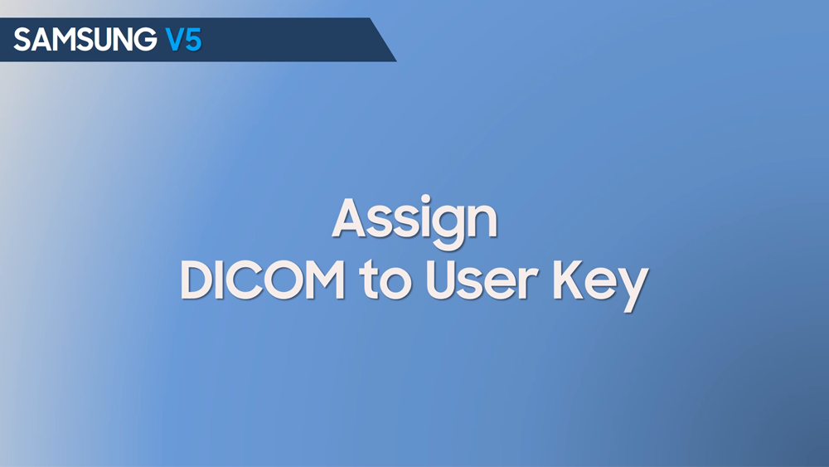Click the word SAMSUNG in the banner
85,40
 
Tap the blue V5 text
183,40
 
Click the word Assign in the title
414,221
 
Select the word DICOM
262,280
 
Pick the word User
482,280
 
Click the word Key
601,285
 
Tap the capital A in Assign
351,217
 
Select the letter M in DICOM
324,281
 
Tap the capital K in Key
569,281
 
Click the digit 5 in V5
193,40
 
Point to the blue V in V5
174,40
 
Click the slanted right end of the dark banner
383,40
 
